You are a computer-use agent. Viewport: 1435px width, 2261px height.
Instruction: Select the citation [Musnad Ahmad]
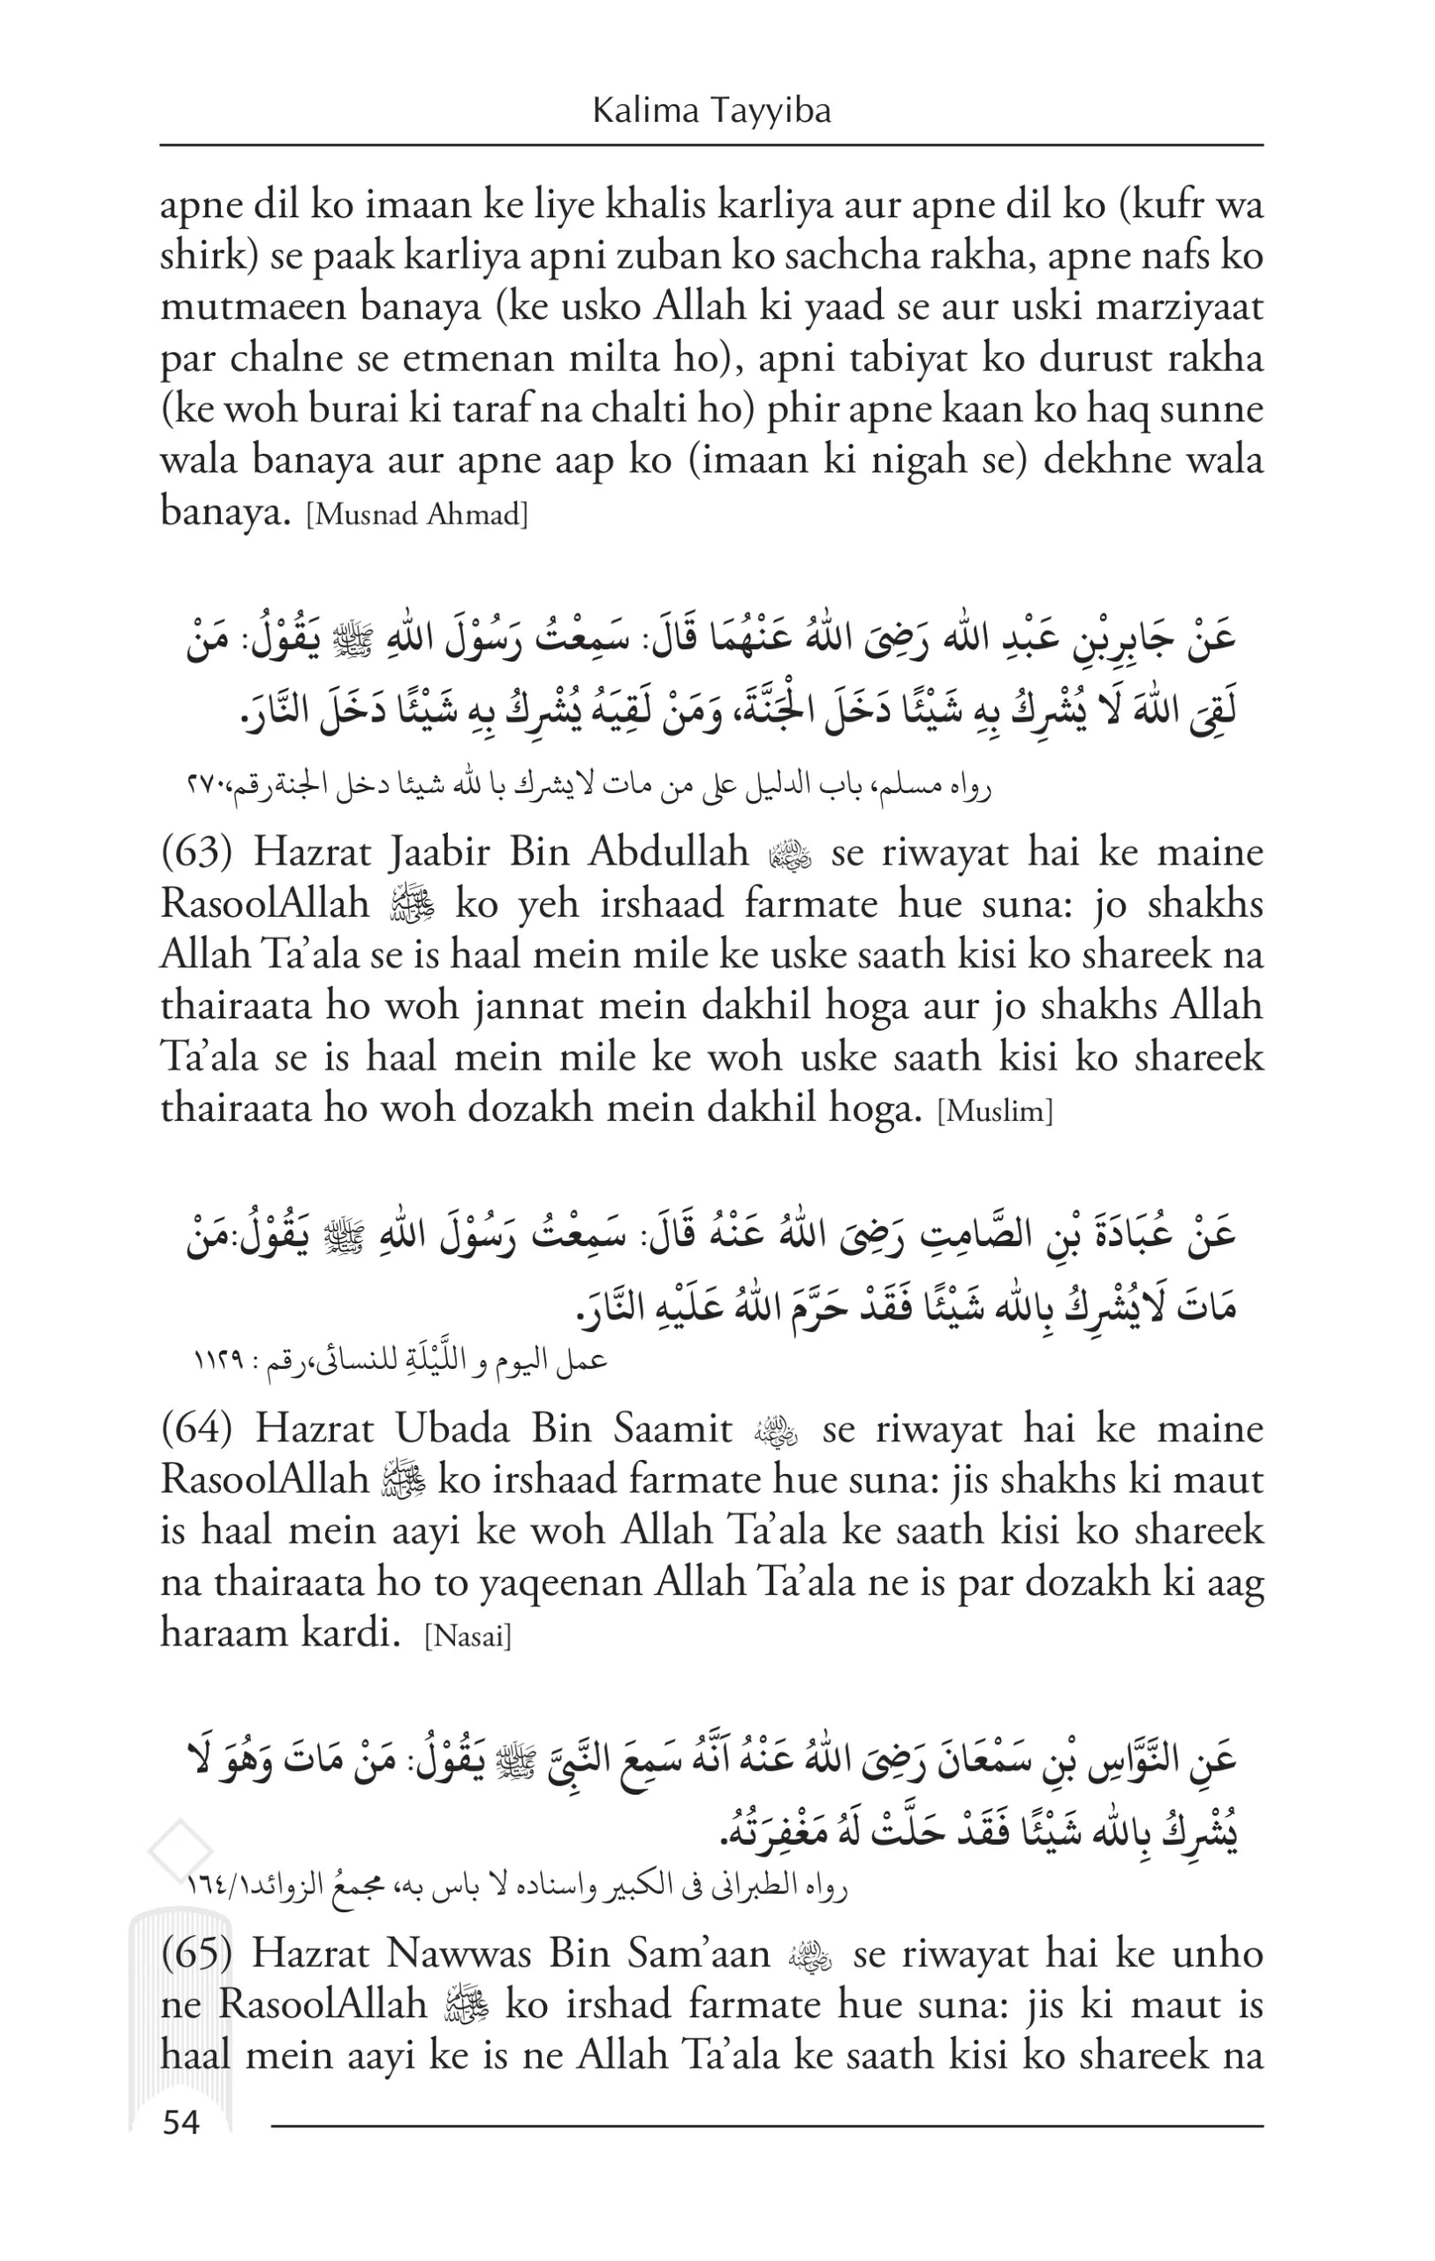tap(418, 515)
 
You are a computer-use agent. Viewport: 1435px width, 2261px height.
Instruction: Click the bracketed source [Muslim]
tap(996, 1113)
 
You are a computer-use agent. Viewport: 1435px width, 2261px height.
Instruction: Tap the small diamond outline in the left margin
tap(180, 1850)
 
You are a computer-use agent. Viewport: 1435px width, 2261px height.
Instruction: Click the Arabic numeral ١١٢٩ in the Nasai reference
tap(218, 1360)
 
